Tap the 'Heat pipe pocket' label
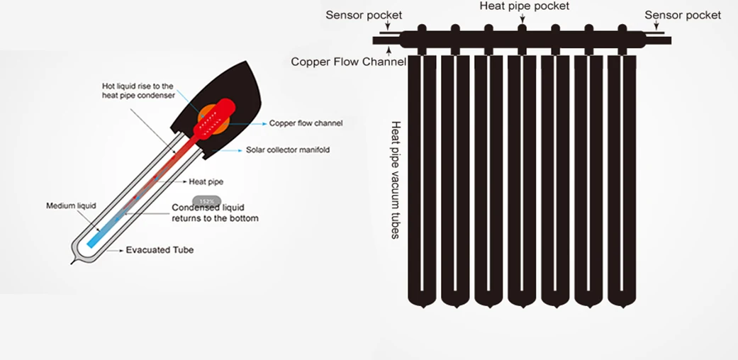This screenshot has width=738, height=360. tap(524, 6)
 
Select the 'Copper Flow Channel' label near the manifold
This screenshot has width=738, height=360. tap(348, 62)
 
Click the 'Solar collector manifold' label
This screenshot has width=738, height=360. tap(287, 150)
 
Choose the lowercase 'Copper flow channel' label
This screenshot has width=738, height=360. tap(306, 123)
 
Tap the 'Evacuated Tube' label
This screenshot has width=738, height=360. tap(160, 250)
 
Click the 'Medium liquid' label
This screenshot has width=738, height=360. tap(71, 206)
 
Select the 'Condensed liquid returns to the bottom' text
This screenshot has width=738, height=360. tap(215, 213)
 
